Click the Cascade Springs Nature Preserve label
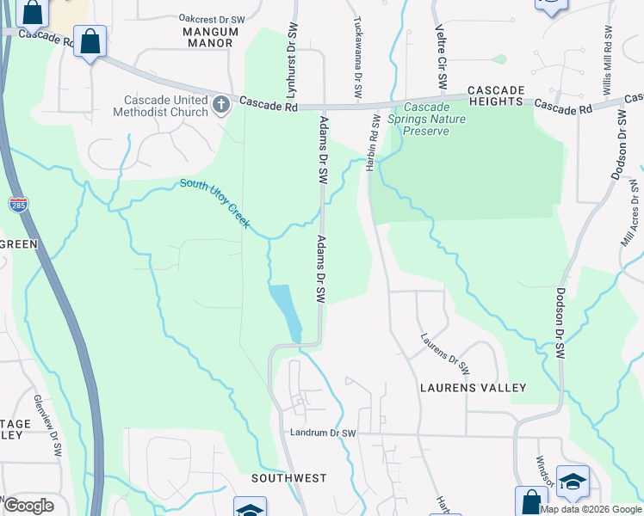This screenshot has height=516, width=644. point(427,120)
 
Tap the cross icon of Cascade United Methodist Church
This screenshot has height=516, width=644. point(221,105)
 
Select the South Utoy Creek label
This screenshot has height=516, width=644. point(214,202)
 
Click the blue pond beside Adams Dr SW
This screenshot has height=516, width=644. point(286,310)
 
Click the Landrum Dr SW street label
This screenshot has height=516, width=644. point(323,433)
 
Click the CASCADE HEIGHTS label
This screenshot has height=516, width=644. point(495,95)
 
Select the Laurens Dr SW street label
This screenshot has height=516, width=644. point(444,354)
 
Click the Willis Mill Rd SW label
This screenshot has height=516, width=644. point(607,69)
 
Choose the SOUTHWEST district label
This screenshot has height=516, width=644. point(289,477)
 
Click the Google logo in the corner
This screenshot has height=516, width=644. point(28,505)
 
